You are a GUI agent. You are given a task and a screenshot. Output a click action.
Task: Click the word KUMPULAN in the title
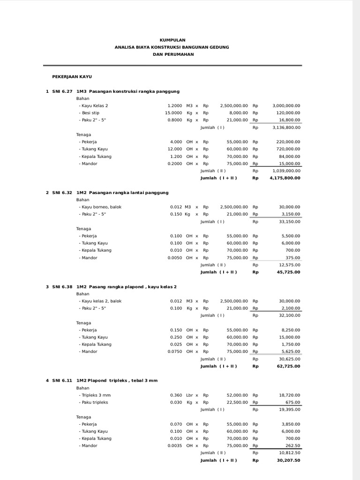point(172,40)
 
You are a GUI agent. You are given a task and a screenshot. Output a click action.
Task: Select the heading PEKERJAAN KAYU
point(72,76)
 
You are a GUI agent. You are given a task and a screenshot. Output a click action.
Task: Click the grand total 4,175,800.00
point(285,178)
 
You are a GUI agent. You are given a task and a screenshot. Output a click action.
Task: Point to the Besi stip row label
point(89,113)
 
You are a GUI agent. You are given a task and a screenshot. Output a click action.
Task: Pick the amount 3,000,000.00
point(286,106)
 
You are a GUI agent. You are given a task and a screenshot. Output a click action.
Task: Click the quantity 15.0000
point(173,113)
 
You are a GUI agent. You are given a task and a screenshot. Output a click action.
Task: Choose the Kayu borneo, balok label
point(100,207)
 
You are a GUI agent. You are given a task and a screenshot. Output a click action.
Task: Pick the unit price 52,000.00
point(235,395)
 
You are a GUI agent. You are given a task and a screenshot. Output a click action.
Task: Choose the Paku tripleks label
point(95,402)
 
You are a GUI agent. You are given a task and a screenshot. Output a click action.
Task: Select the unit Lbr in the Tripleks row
point(189,395)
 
